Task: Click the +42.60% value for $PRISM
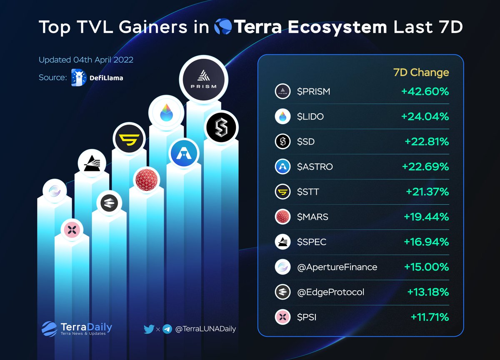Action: click(x=425, y=91)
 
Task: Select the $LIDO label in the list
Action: click(x=310, y=117)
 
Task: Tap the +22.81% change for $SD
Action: click(x=427, y=142)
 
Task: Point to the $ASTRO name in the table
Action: click(x=315, y=167)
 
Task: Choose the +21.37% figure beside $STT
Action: click(x=427, y=192)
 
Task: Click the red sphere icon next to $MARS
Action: click(x=282, y=217)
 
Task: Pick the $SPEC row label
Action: click(x=312, y=242)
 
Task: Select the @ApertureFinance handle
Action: click(x=337, y=267)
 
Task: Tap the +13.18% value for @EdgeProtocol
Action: click(x=428, y=292)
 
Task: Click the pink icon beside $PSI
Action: click(x=282, y=317)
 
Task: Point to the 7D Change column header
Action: click(x=421, y=72)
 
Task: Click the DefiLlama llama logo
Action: click(x=79, y=77)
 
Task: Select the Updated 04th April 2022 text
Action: click(x=86, y=60)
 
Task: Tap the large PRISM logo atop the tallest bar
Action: click(x=203, y=80)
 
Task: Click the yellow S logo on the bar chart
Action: click(x=129, y=139)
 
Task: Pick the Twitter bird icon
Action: click(x=149, y=329)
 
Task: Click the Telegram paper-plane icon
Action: click(x=167, y=329)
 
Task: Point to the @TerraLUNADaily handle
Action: click(x=205, y=329)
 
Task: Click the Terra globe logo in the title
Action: click(x=223, y=27)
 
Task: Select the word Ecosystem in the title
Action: click(x=337, y=27)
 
